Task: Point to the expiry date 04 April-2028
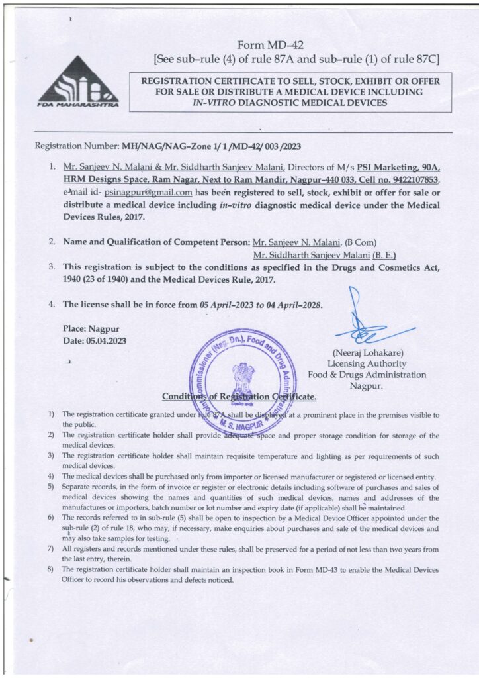292,305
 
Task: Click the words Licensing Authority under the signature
367,363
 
